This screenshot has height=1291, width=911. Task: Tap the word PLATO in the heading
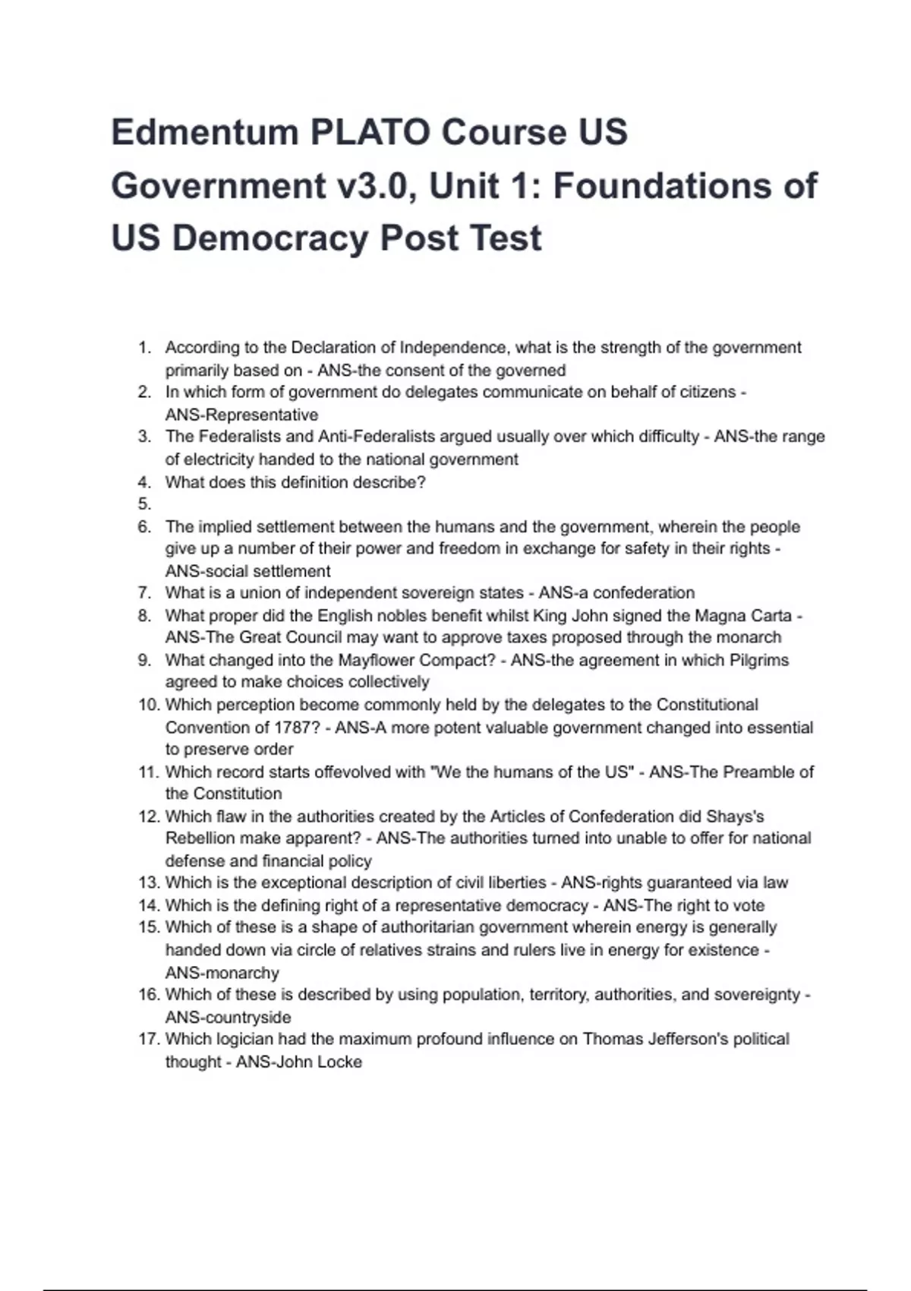[369, 132]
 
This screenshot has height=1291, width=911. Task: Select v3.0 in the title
[374, 185]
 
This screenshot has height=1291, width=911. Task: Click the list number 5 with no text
[144, 504]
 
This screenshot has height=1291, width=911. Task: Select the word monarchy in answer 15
[242, 973]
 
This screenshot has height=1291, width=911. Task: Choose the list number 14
[148, 905]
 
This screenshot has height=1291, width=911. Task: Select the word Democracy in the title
[270, 238]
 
